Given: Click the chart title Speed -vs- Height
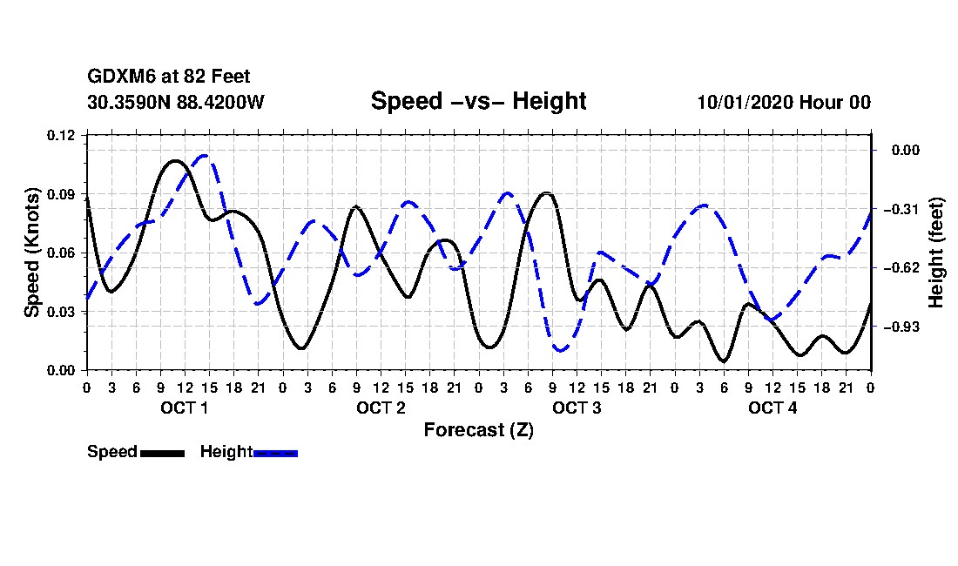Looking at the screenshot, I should point(478,101).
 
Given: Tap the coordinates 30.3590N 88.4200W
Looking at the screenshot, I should point(175,102).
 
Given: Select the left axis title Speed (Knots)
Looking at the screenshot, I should point(32,252).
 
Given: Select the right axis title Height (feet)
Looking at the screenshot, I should point(936,253).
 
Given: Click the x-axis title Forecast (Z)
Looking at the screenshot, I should point(478,430).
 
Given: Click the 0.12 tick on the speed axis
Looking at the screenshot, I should point(63,135).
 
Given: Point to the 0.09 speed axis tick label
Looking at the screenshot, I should point(63,194).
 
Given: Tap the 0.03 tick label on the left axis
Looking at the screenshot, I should point(63,312).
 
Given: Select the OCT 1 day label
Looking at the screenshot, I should point(184,408).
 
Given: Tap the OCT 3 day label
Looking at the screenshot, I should point(577,408).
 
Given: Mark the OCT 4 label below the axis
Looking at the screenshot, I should point(772,408).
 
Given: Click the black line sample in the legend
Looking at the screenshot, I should point(162,453).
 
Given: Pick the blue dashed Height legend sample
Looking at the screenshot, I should point(275,453).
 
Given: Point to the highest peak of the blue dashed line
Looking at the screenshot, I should point(204,155).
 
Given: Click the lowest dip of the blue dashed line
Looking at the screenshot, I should point(560,350).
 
